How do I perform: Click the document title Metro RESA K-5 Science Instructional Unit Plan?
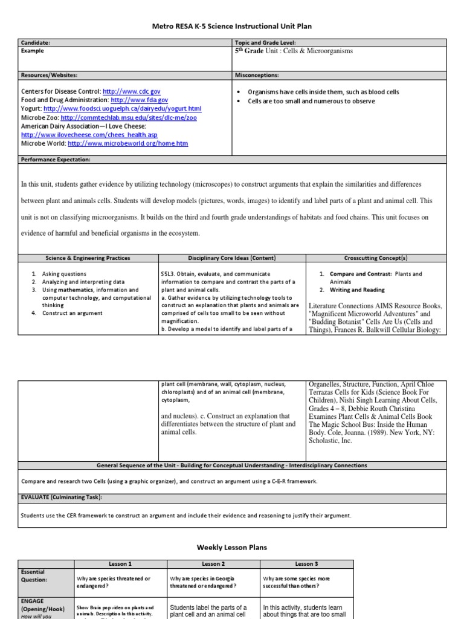click(x=232, y=26)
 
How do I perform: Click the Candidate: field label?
click(x=36, y=43)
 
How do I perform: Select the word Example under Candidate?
click(x=34, y=52)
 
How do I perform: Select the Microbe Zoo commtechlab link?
click(x=129, y=117)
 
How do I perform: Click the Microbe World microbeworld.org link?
click(x=128, y=144)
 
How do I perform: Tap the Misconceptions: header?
click(x=257, y=75)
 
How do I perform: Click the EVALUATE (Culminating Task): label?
click(x=62, y=497)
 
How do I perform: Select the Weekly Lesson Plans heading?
click(x=232, y=547)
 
